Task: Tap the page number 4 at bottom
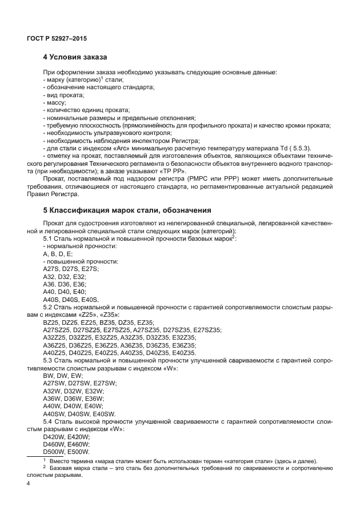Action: pyautogui.click(x=28, y=484)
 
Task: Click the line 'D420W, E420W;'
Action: pyautogui.click(x=63, y=436)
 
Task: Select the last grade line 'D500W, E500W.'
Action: pyautogui.click(x=63, y=452)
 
